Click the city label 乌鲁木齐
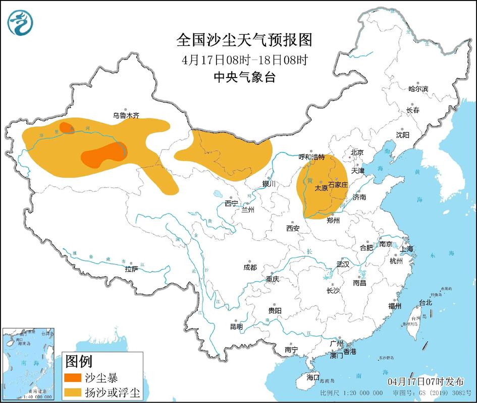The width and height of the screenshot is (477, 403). tap(126, 115)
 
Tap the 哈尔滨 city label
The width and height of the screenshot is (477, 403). tap(418, 89)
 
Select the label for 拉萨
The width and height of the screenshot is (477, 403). tap(132, 269)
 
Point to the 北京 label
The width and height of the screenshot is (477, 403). tap(357, 152)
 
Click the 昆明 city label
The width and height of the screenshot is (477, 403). tap(236, 326)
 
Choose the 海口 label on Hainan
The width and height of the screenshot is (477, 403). tap(313, 377)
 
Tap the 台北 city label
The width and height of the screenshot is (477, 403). tap(426, 303)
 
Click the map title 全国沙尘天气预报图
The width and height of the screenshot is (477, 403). tap(245, 39)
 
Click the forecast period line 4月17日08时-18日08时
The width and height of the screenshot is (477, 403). tap(245, 59)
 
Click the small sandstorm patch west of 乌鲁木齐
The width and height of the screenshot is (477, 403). tap(66, 127)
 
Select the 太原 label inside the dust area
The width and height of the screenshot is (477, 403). tap(321, 188)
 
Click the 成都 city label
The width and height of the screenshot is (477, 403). tap(249, 267)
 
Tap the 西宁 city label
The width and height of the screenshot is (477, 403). tap(231, 204)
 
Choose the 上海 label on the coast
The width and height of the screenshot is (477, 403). tap(406, 249)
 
